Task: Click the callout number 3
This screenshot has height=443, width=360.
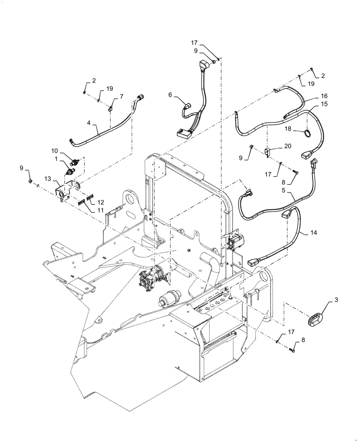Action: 336,300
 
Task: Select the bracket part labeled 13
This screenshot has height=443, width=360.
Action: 61,194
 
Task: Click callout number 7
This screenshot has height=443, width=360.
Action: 121,96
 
